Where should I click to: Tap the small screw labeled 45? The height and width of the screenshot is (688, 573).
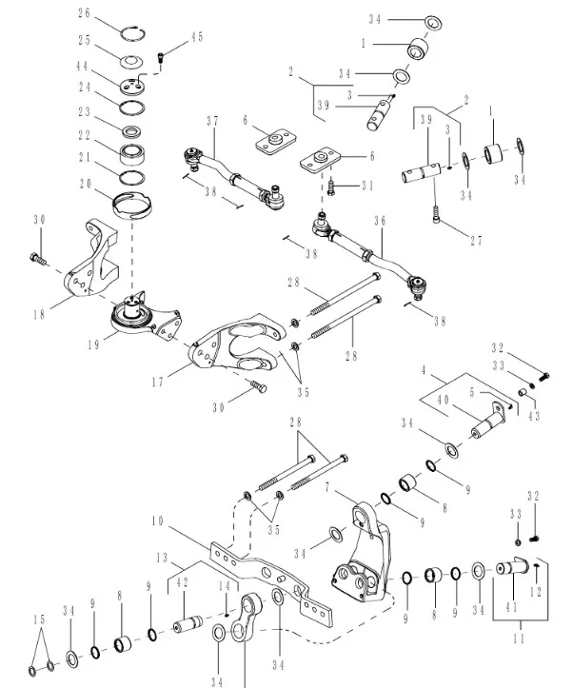tap(162, 56)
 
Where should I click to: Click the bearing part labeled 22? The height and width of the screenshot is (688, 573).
tap(134, 151)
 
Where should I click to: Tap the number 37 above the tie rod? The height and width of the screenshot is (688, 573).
tap(212, 120)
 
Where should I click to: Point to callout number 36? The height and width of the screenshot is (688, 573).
tap(380, 221)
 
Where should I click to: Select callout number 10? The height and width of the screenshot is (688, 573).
tap(157, 522)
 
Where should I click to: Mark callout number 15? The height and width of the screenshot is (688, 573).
tap(37, 619)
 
